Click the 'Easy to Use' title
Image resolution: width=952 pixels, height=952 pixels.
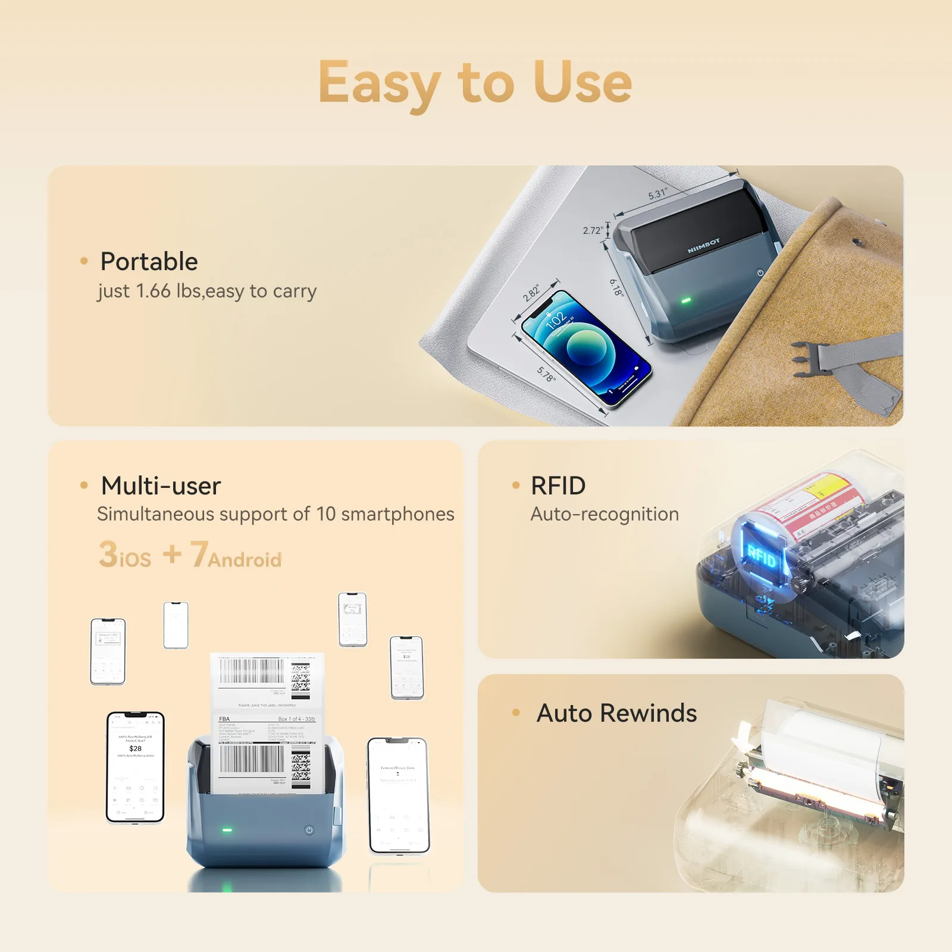click(475, 83)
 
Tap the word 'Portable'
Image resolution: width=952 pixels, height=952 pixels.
click(149, 261)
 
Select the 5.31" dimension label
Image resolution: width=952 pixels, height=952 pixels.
click(657, 194)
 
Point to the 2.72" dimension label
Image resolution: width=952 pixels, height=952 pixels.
click(593, 230)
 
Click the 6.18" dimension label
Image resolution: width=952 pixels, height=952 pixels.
click(616, 287)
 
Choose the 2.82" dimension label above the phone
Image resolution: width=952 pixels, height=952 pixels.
click(531, 292)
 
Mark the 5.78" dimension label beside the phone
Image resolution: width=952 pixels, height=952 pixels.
click(546, 374)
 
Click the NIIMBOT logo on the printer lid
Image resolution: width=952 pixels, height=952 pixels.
click(703, 246)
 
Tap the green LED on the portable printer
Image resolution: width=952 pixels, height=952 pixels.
click(685, 300)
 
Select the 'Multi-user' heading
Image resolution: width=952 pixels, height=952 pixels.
click(161, 486)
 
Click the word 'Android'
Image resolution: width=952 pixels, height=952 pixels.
click(245, 560)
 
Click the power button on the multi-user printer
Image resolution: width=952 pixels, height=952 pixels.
click(309, 830)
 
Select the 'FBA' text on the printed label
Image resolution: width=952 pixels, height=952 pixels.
click(224, 719)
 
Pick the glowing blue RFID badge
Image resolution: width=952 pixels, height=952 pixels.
click(761, 557)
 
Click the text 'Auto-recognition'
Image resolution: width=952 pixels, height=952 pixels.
click(605, 514)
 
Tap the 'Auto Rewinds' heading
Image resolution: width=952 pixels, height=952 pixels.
click(616, 713)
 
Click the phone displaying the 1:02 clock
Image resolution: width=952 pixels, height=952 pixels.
click(585, 348)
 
